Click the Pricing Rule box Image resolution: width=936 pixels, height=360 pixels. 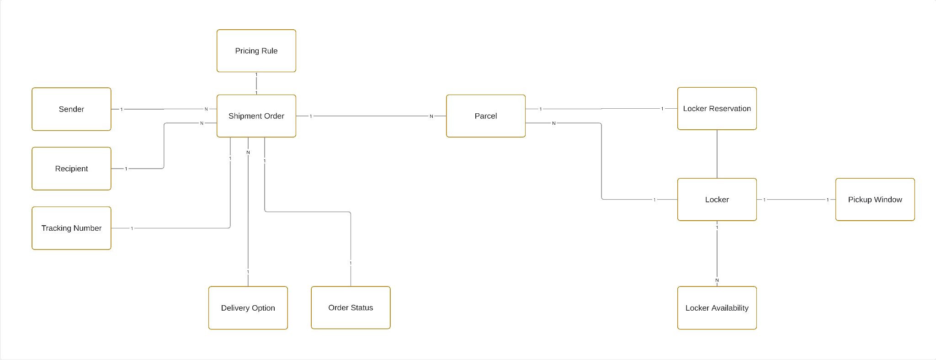pyautogui.click(x=256, y=51)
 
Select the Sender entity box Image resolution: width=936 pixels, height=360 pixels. pyautogui.click(x=71, y=109)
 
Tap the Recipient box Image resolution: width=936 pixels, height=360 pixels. pyautogui.click(x=71, y=169)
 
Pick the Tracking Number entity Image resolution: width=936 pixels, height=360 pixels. pyautogui.click(x=71, y=228)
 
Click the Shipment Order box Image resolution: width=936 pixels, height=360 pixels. pyautogui.click(x=256, y=116)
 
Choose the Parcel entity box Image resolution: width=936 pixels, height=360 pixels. pyautogui.click(x=485, y=116)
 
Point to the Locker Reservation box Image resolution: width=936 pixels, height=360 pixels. pyautogui.click(x=717, y=109)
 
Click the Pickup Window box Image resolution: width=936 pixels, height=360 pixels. pyautogui.click(x=875, y=200)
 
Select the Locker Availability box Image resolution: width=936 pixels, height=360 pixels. pyautogui.click(x=717, y=308)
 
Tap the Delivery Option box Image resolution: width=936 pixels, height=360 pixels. pyautogui.click(x=248, y=308)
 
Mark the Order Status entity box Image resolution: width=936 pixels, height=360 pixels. pyautogui.click(x=351, y=308)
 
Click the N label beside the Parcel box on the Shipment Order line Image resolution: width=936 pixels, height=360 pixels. pyautogui.click(x=431, y=116)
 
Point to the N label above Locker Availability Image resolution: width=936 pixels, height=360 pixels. pyautogui.click(x=717, y=281)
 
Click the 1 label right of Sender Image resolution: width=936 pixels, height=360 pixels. pyautogui.click(x=122, y=110)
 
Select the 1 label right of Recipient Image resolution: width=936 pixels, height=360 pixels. pyautogui.click(x=126, y=169)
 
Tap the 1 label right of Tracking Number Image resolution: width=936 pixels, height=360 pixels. pyautogui.click(x=132, y=228)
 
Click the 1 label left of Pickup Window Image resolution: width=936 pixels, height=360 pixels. pyautogui.click(x=827, y=200)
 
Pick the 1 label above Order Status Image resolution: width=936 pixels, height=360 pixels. pyautogui.click(x=351, y=263)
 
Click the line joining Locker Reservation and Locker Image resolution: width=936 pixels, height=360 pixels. pyautogui.click(x=717, y=154)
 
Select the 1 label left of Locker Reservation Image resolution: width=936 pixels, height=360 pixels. pyautogui.click(x=662, y=109)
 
